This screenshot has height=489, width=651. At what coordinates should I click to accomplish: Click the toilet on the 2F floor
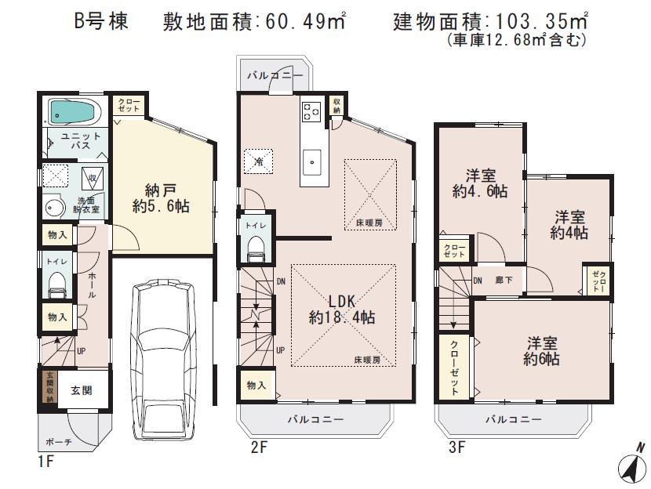pyautogui.click(x=256, y=248)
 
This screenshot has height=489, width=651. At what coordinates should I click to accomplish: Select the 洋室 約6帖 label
pyautogui.click(x=543, y=351)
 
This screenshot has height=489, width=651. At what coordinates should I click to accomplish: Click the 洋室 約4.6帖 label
pyautogui.click(x=480, y=183)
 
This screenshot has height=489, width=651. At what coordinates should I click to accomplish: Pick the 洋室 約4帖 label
pyautogui.click(x=569, y=225)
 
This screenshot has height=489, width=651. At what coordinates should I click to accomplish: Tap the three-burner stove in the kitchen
pyautogui.click(x=310, y=113)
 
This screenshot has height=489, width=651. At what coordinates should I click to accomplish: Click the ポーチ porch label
pyautogui.click(x=59, y=442)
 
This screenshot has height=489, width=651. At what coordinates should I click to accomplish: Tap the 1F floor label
pyautogui.click(x=45, y=461)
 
